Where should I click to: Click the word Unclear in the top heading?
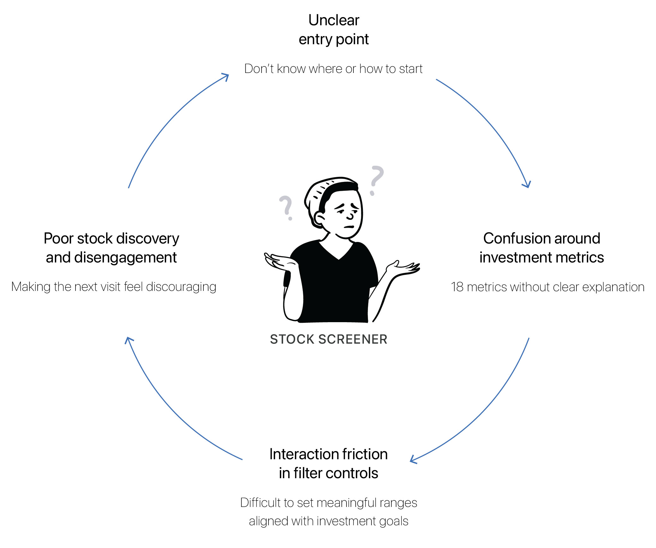tap(334, 20)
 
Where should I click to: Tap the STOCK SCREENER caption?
tap(328, 339)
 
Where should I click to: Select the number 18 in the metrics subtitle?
tap(457, 287)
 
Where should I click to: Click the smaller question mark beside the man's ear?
tap(286, 207)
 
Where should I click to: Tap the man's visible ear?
tap(320, 218)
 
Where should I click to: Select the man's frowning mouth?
tap(349, 226)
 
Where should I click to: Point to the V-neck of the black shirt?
tap(338, 254)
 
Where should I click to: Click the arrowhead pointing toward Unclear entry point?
tap(226, 76)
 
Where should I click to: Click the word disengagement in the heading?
tap(125, 258)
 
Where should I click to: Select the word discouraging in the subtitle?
tap(181, 287)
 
